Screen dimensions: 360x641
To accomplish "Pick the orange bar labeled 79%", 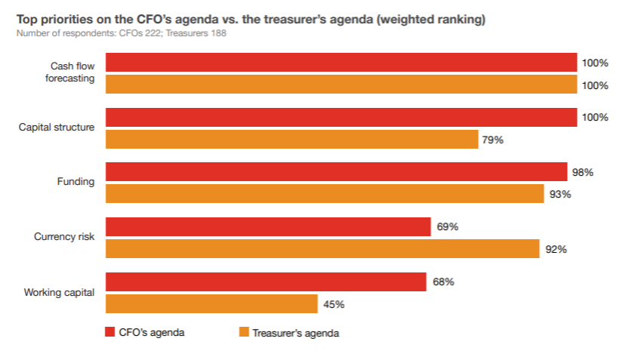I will click(x=291, y=140).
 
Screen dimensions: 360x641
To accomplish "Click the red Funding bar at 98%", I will click(x=336, y=172).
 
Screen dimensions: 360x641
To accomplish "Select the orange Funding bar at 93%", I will click(x=325, y=194).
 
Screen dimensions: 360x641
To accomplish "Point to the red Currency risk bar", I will click(x=268, y=226).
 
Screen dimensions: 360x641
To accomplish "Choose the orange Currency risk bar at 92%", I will click(x=322, y=249).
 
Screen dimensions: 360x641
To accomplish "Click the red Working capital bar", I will click(x=266, y=282).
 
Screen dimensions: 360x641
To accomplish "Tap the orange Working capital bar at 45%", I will click(x=211, y=303).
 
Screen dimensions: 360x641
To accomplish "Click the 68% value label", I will click(x=443, y=282).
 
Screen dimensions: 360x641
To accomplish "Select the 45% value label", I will click(x=334, y=304).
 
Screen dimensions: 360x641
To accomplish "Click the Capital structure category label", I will click(x=57, y=127).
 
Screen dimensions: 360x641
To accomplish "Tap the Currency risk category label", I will click(x=64, y=236).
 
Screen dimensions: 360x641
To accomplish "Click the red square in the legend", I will click(x=109, y=331).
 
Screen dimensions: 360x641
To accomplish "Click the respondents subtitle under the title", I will click(x=121, y=33).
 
